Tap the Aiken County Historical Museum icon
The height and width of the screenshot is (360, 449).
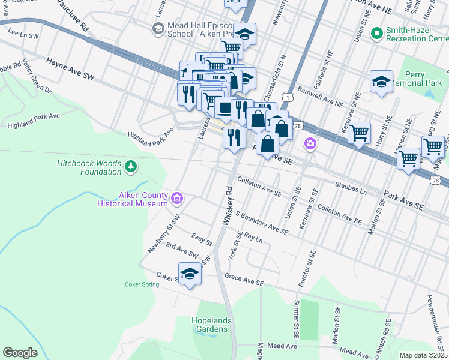(x=177, y=198)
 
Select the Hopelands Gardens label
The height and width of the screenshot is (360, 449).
(x=210, y=325)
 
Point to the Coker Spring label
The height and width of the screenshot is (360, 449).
(x=142, y=284)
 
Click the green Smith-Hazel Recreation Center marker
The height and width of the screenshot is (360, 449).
(x=377, y=33)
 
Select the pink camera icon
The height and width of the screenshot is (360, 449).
(x=310, y=143)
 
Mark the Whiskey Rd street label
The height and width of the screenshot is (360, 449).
(x=229, y=206)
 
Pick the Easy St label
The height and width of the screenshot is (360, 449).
(x=202, y=239)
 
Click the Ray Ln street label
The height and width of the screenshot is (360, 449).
(x=254, y=238)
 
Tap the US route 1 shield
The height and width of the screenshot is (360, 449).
(x=290, y=97)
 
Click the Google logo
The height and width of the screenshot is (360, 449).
(x=20, y=353)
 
